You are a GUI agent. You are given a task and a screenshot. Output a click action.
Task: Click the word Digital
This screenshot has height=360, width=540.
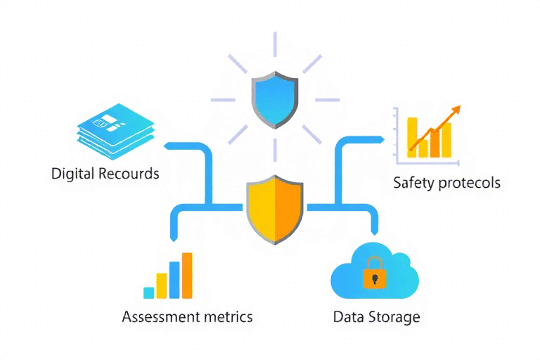click(x=72, y=173)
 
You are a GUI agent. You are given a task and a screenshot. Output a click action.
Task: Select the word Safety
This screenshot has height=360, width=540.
click(x=413, y=183)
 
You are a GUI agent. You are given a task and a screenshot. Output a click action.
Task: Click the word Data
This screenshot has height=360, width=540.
click(x=348, y=316)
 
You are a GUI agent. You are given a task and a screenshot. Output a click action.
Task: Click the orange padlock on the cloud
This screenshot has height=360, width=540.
click(x=374, y=274)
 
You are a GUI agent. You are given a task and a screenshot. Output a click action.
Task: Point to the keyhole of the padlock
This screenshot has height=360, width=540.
click(x=374, y=278)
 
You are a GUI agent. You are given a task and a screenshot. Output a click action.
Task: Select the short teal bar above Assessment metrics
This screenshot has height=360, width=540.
click(x=148, y=292)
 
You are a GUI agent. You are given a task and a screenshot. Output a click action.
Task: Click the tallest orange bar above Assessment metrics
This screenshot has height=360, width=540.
click(x=187, y=276)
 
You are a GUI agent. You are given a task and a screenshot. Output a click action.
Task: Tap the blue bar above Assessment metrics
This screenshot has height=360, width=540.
click(x=174, y=281)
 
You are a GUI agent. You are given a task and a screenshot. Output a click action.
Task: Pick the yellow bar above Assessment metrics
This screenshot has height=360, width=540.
click(x=161, y=285)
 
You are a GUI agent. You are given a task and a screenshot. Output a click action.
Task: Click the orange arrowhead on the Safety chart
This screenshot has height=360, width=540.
click(x=456, y=110)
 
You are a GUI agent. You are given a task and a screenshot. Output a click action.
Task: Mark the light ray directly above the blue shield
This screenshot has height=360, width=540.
click(x=275, y=45)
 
